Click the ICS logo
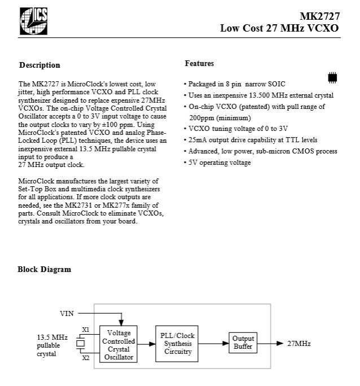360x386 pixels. click(33, 21)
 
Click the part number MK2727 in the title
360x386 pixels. click(319, 16)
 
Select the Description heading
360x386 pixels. click(39, 65)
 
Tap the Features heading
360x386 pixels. click(199, 64)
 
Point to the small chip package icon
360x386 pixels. click(332, 78)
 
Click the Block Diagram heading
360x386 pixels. click(44, 269)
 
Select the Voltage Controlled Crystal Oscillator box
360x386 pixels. click(118, 344)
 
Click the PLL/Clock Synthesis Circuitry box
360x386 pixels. click(177, 344)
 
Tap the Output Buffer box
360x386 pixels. click(243, 343)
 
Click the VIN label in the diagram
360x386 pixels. click(67, 314)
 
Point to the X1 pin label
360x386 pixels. click(86, 330)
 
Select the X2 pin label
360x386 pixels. click(86, 358)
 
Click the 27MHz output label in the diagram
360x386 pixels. click(299, 344)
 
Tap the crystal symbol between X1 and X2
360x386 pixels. click(81, 344)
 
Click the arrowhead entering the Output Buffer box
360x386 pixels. click(226, 343)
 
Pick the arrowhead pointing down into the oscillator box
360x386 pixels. click(121, 322)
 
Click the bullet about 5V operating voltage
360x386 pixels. click(218, 163)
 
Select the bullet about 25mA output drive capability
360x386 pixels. click(251, 140)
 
